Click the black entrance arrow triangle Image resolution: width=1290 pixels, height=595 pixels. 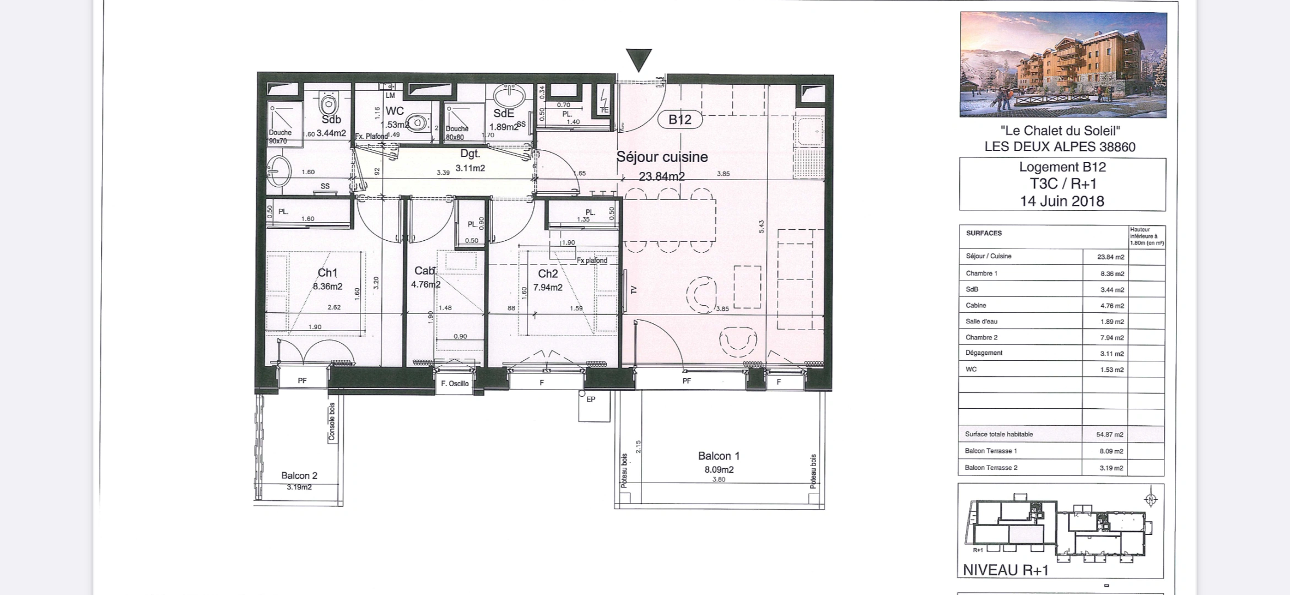[639, 58]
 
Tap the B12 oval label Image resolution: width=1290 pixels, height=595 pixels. [679, 120]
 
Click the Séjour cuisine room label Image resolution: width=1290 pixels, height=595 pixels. [662, 157]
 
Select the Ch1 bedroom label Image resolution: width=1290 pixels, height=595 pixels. [327, 273]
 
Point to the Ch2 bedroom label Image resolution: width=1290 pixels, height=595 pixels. [548, 274]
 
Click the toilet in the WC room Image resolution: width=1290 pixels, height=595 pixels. [417, 122]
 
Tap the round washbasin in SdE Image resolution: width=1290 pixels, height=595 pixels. [510, 96]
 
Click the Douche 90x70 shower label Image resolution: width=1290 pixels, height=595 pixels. [280, 136]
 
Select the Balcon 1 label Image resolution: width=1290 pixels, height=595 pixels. [719, 456]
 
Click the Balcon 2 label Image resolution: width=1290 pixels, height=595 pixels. [299, 475]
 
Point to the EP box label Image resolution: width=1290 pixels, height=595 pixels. [591, 399]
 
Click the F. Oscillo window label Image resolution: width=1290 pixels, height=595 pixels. [455, 383]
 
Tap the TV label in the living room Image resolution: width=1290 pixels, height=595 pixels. [633, 290]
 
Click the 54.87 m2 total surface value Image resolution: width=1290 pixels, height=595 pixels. [1110, 435]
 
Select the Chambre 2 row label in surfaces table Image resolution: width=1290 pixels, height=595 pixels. [981, 337]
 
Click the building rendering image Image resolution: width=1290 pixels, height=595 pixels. [1063, 65]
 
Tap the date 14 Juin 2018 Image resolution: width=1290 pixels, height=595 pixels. [1062, 201]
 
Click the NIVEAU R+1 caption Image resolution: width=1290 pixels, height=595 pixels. [1006, 570]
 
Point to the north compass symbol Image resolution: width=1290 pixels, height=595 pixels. [1150, 500]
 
